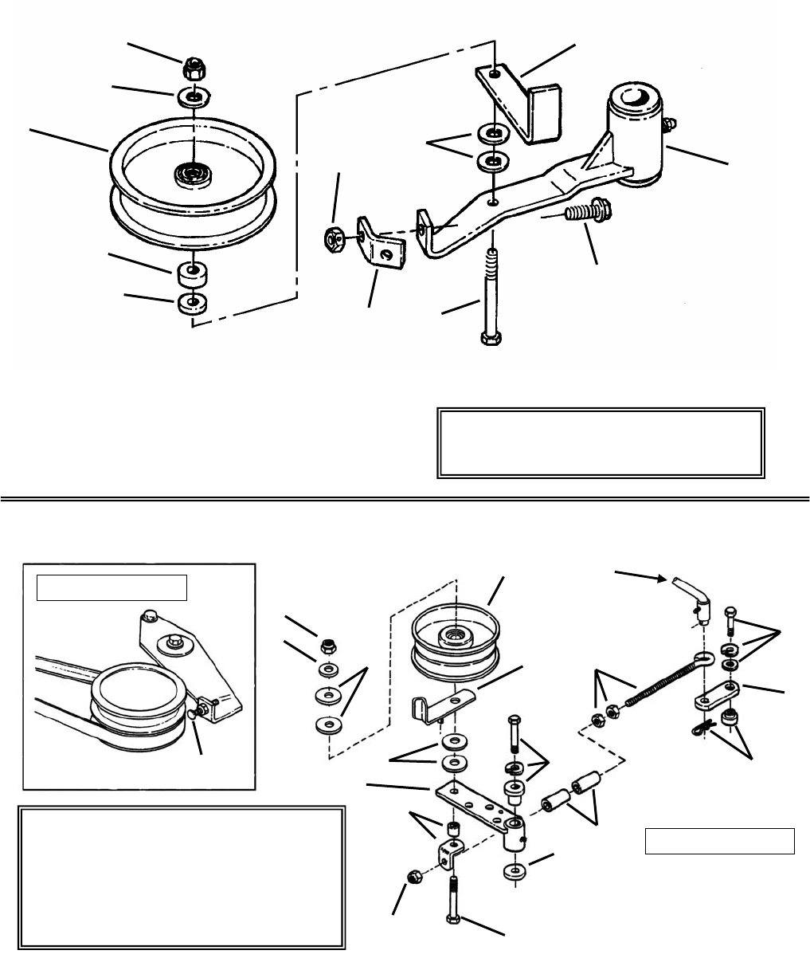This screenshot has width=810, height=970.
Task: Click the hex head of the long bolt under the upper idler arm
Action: (489, 339)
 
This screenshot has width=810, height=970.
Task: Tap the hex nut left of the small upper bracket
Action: (333, 238)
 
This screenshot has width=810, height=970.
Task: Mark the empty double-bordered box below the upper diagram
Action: (601, 443)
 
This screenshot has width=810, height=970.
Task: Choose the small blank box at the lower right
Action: (719, 841)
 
